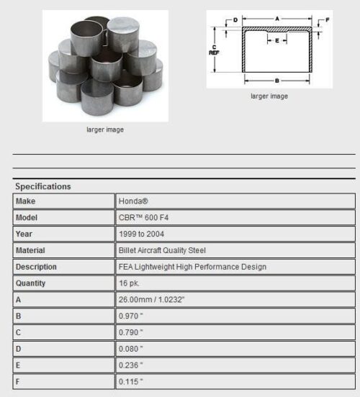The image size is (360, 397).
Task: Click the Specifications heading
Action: pyautogui.click(x=43, y=187)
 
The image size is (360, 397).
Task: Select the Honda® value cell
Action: pyautogui.click(x=134, y=201)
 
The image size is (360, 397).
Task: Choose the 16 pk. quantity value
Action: pyautogui.click(x=130, y=283)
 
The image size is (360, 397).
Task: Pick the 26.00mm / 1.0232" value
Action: pyautogui.click(x=157, y=300)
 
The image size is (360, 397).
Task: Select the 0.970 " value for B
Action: pyautogui.click(x=131, y=316)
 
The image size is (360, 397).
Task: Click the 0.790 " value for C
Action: pyautogui.click(x=131, y=333)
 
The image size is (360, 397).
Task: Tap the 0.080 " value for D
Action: pyautogui.click(x=131, y=349)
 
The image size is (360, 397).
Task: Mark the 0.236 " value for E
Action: pyautogui.click(x=131, y=365)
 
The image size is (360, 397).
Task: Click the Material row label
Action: pyautogui.click(x=30, y=251)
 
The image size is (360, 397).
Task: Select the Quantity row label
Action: pyautogui.click(x=31, y=283)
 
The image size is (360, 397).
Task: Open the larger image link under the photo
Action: pyautogui.click(x=104, y=130)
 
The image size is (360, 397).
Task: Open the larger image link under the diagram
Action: pyautogui.click(x=269, y=96)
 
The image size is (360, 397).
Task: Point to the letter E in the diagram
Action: pyautogui.click(x=277, y=41)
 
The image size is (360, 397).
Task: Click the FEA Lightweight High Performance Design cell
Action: pyautogui.click(x=192, y=267)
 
